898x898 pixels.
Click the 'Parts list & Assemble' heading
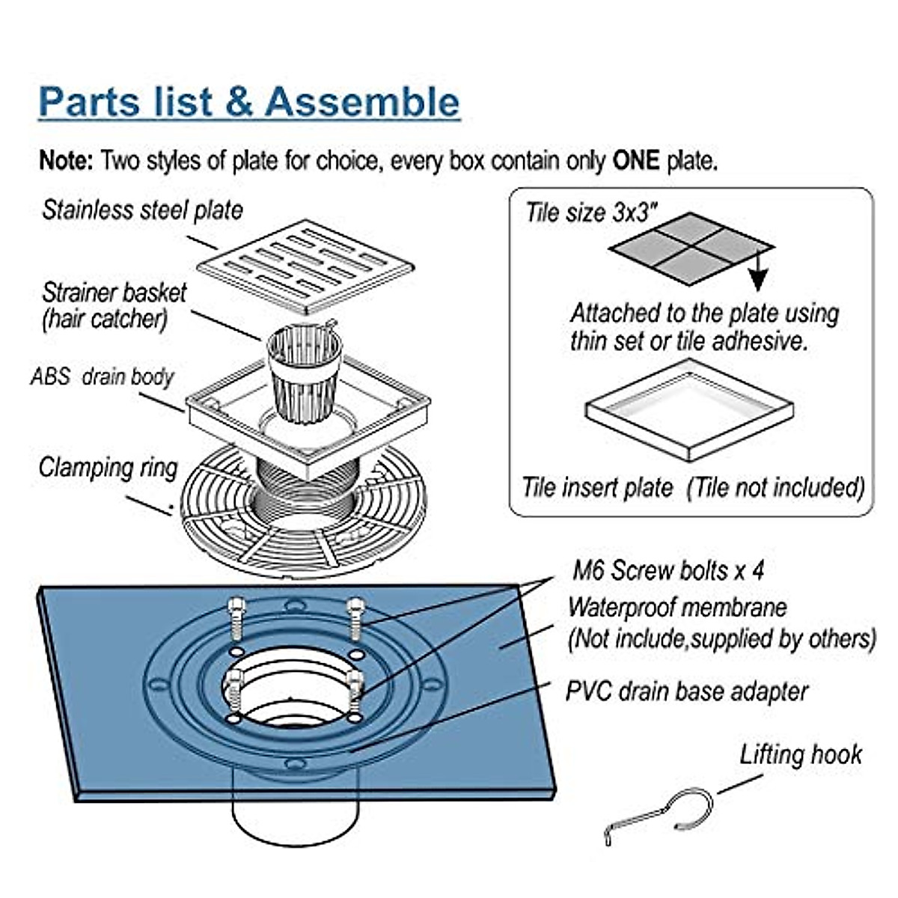[250, 102]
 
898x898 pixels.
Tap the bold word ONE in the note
[635, 161]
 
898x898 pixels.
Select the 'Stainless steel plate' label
[143, 210]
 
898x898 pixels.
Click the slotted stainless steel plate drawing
[306, 266]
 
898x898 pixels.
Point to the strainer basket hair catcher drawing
[305, 372]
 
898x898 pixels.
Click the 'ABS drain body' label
[102, 377]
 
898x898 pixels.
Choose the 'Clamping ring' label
[108, 468]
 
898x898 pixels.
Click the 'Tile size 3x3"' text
[591, 213]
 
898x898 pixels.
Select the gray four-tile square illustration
[691, 248]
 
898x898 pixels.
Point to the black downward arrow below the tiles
[759, 270]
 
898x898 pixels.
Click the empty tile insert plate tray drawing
[690, 410]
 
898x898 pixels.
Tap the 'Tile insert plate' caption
[598, 488]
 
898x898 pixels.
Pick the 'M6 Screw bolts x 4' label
[668, 570]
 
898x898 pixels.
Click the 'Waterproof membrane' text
[677, 608]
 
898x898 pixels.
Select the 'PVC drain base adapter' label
[687, 691]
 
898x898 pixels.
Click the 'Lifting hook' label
[801, 755]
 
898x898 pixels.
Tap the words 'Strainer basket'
[114, 293]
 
